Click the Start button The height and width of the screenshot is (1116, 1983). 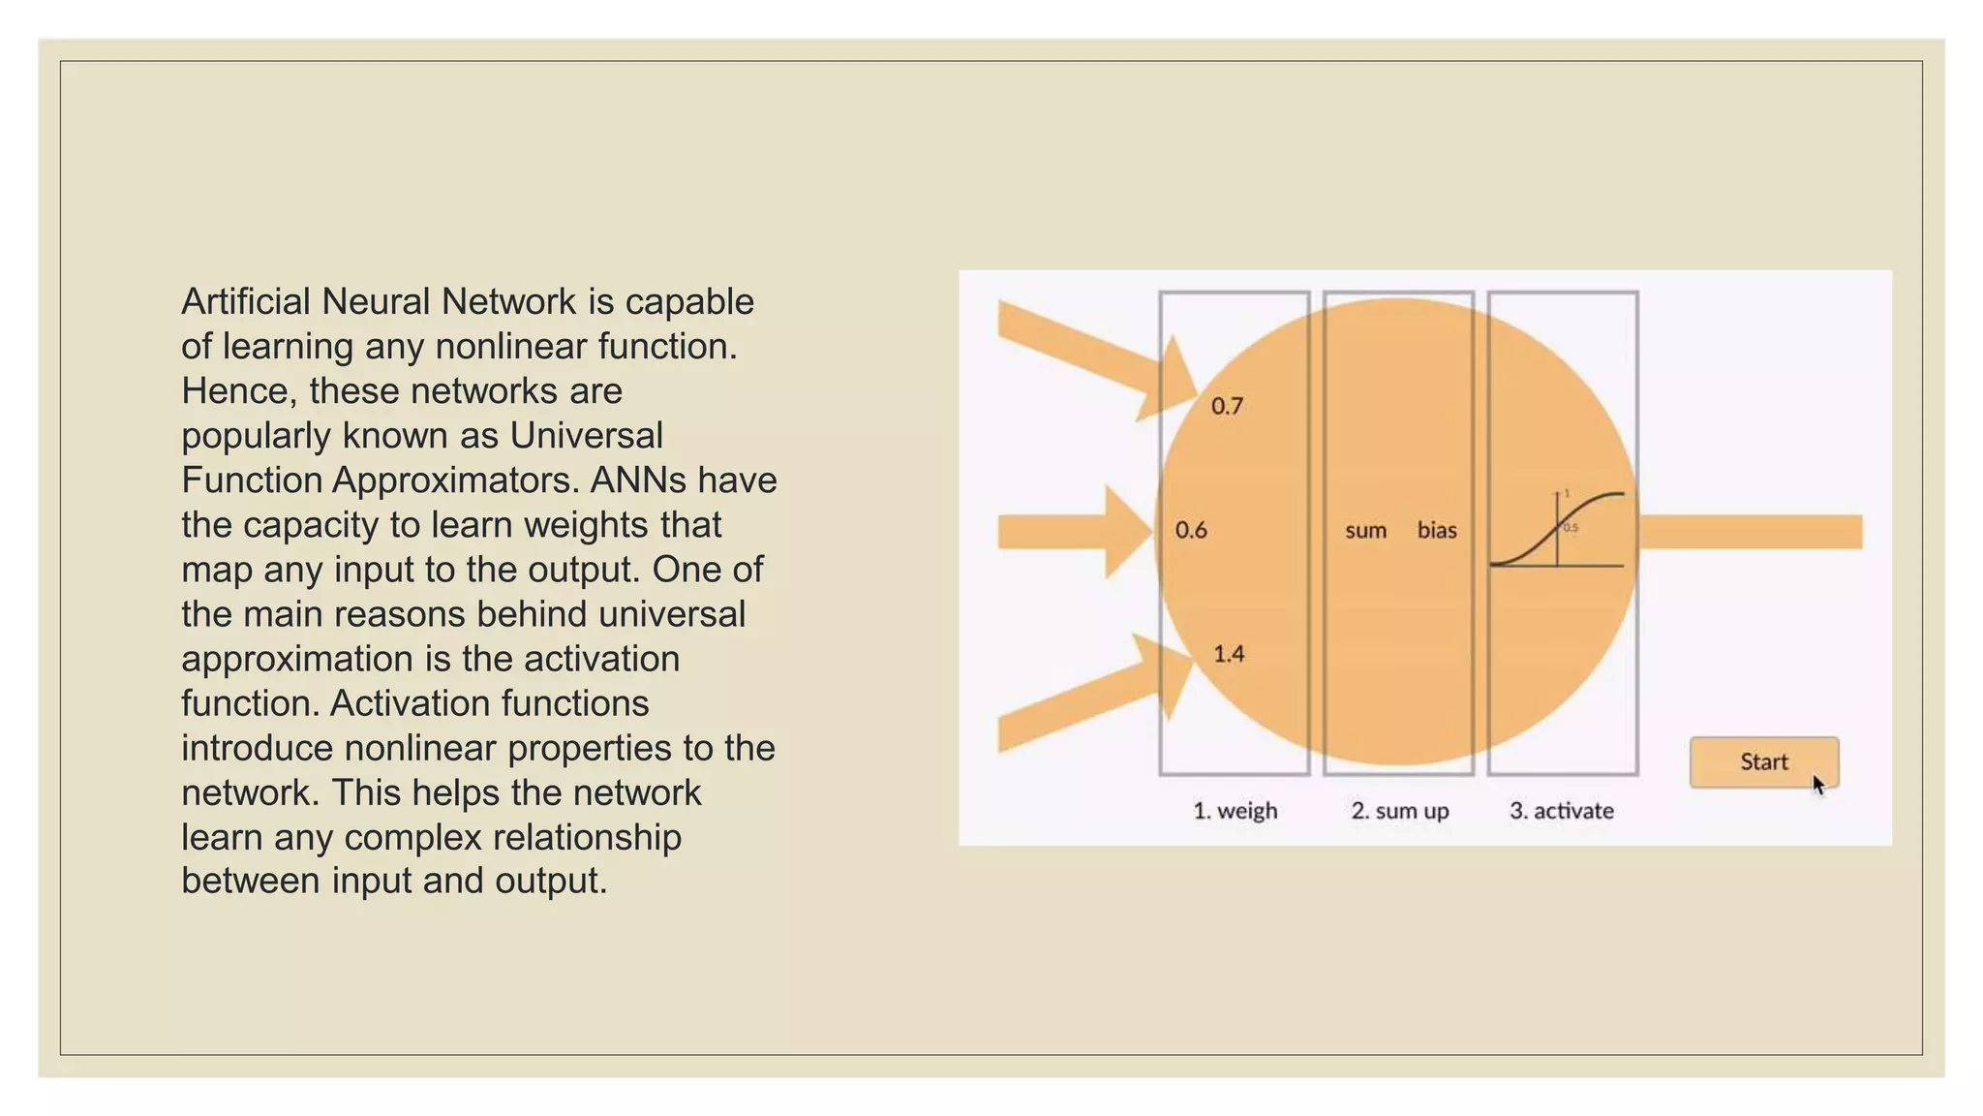coord(1762,761)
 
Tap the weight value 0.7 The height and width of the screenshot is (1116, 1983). coord(1226,406)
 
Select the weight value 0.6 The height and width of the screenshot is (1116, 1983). coord(1190,530)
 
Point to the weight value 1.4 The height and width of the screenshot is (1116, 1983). coord(1228,654)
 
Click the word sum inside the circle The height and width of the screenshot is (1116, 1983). coord(1365,530)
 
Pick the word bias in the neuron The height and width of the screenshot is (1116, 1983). coord(1436,530)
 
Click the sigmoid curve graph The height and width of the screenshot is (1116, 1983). coord(1558,530)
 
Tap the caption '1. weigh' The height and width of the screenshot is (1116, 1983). coord(1235,811)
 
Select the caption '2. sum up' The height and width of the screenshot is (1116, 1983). coord(1399,811)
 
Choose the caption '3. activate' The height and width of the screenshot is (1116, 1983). coord(1561,811)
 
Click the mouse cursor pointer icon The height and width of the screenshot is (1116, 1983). coord(1817,785)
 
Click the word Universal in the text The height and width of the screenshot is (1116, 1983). coord(586,436)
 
